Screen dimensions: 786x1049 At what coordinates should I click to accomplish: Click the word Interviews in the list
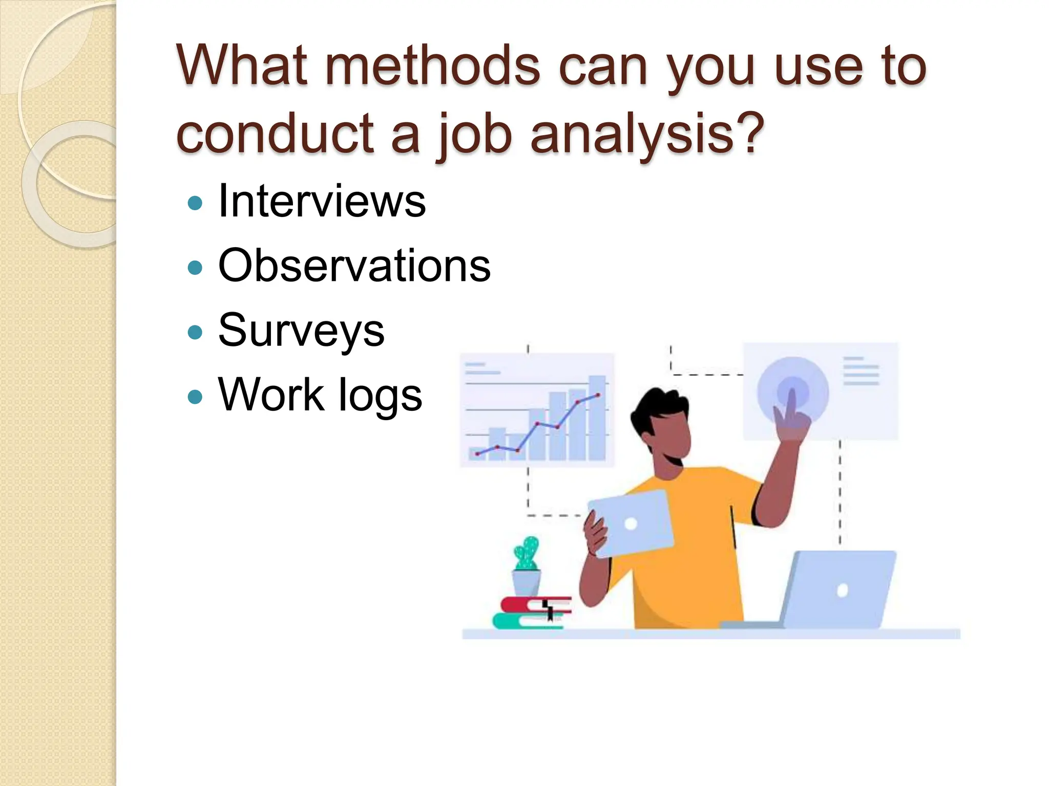click(x=322, y=202)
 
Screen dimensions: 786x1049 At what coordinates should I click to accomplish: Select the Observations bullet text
click(x=354, y=266)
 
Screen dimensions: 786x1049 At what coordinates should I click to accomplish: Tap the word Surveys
click(x=301, y=331)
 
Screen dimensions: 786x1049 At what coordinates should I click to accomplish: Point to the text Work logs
click(x=320, y=395)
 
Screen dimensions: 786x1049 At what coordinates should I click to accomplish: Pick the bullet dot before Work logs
click(x=195, y=397)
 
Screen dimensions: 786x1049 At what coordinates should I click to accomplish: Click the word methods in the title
click(x=433, y=67)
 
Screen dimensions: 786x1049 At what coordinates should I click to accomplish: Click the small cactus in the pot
click(x=527, y=554)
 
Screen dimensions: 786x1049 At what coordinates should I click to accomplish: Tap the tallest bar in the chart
click(x=597, y=417)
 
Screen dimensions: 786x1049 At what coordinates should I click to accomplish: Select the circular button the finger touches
click(x=793, y=391)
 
